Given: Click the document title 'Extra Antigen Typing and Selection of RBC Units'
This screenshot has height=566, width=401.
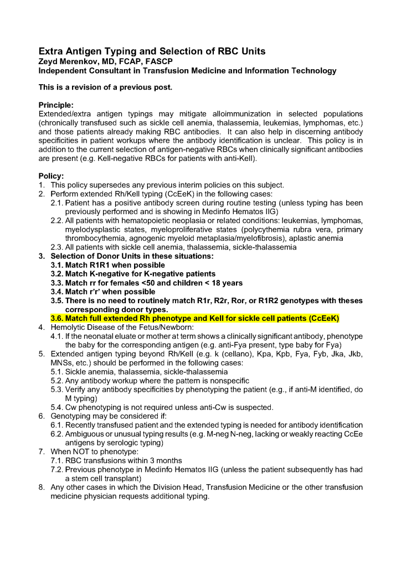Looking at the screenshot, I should [x=152, y=51].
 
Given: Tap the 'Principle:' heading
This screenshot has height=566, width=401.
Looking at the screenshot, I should [x=56, y=105].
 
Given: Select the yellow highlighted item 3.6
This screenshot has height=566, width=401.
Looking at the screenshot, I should [x=194, y=318].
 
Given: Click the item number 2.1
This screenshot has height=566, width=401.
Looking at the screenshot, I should [x=57, y=203].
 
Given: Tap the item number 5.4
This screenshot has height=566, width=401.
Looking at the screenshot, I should [x=57, y=407].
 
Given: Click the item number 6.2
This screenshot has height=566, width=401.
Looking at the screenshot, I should [x=57, y=434].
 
